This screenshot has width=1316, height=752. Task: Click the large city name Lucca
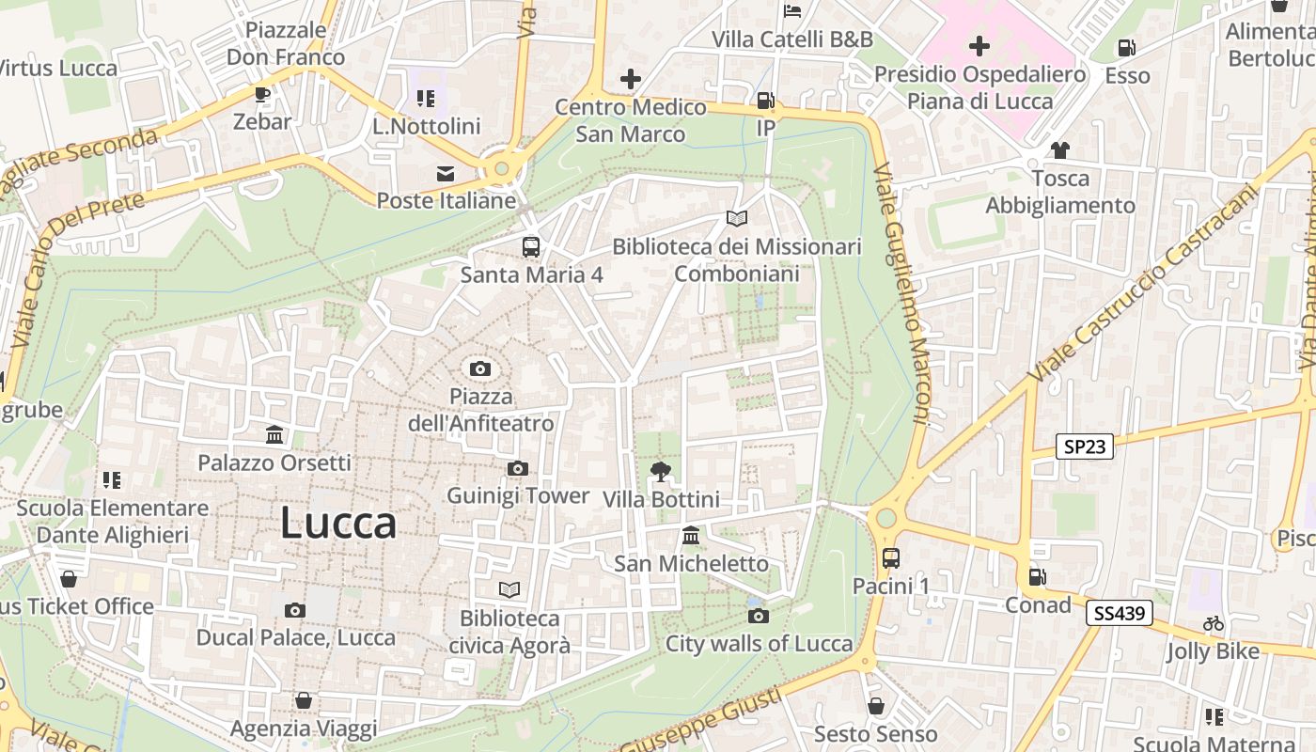[x=338, y=523]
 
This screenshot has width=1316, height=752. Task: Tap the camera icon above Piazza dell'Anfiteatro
[x=480, y=368]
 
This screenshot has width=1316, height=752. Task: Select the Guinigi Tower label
[x=518, y=495]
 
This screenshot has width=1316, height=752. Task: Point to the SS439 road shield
[x=1119, y=614]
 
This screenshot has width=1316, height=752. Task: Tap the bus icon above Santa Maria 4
[x=531, y=247]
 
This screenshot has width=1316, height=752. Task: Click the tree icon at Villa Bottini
[x=661, y=471]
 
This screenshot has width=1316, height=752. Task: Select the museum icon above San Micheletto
[x=691, y=536]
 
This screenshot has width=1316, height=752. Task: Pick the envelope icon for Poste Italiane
[x=446, y=173]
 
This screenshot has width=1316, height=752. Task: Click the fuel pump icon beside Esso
[x=1126, y=48]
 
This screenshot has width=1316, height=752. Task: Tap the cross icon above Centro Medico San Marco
[x=630, y=79]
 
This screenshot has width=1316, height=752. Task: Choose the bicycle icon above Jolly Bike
[x=1214, y=623]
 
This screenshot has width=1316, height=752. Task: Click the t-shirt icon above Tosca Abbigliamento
[x=1060, y=150]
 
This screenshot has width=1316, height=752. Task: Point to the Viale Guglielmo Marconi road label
[x=901, y=293]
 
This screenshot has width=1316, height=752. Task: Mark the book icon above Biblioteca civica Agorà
[x=509, y=589]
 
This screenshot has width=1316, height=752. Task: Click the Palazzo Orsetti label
[x=274, y=462]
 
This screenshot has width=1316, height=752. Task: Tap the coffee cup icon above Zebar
[x=261, y=94]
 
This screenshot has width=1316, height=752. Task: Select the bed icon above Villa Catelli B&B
[x=792, y=11]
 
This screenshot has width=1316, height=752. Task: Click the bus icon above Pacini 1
[x=891, y=558]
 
